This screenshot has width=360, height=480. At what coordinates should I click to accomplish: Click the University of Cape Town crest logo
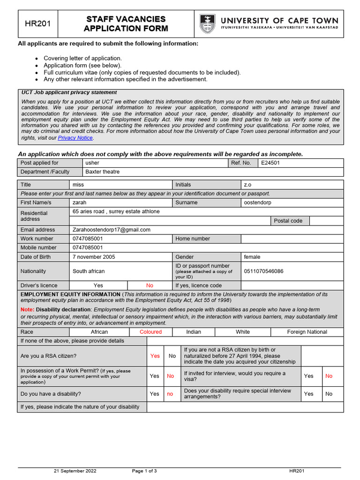click(207, 23)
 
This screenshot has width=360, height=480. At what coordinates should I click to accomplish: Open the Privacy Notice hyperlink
click(75, 138)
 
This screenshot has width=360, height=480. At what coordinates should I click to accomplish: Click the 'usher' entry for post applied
click(92, 163)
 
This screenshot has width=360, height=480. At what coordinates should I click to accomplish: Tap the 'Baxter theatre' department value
click(102, 172)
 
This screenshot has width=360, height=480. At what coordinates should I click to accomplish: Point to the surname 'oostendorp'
click(257, 202)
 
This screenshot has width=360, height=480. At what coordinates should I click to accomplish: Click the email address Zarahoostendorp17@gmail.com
click(111, 230)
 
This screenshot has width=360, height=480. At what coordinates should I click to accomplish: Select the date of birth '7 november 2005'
click(93, 257)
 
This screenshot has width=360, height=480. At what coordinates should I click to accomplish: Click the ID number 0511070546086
click(263, 271)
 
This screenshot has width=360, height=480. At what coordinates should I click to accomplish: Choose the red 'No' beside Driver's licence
click(150, 285)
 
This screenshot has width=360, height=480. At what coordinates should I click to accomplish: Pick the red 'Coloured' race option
click(150, 332)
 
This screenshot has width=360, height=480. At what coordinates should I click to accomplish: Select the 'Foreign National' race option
click(307, 332)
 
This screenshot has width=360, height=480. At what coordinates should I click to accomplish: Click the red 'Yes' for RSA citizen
click(155, 356)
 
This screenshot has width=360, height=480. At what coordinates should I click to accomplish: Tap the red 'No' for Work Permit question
click(170, 376)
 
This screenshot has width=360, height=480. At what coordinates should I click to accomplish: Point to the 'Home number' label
click(193, 239)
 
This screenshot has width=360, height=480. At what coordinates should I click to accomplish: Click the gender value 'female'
click(252, 257)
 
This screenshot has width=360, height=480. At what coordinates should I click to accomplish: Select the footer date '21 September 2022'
click(75, 471)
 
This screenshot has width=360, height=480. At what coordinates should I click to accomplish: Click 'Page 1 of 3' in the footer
click(144, 471)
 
